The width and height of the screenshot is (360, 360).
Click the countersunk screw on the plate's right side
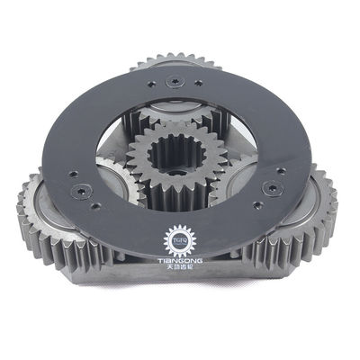268,190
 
